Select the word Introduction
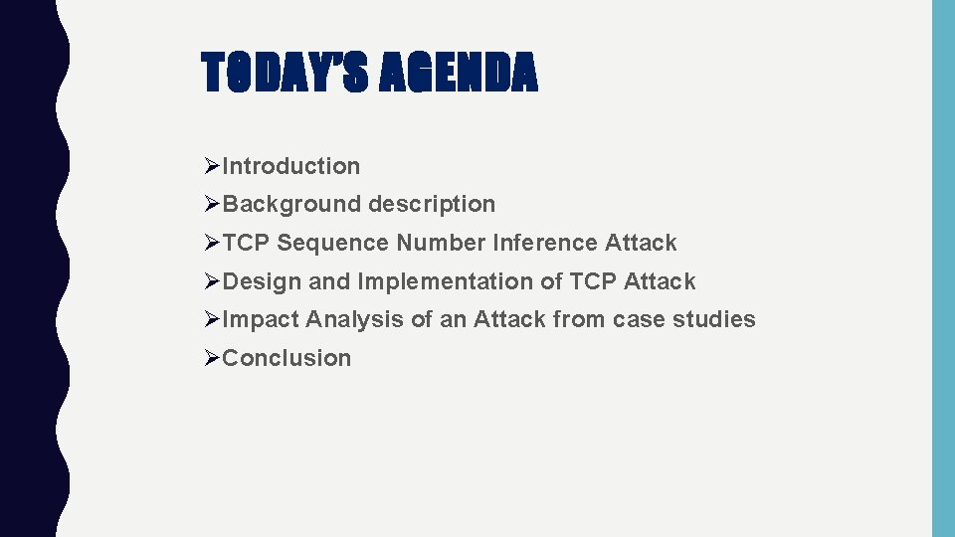[x=290, y=166]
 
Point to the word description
[x=431, y=204]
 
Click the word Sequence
[x=332, y=243]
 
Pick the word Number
[x=441, y=243]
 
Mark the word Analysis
[x=347, y=319]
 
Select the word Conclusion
[x=286, y=358]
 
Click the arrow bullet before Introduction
[x=210, y=166]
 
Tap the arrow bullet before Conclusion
[x=210, y=358]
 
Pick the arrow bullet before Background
[x=210, y=204]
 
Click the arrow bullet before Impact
[x=210, y=319]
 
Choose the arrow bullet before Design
[x=210, y=281]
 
